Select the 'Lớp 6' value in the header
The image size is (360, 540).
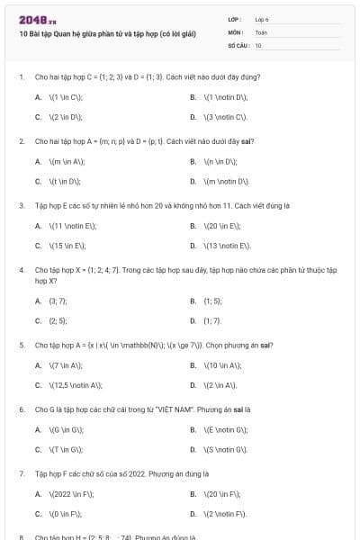262,19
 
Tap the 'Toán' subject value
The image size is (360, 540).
261,31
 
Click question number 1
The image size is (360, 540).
21,77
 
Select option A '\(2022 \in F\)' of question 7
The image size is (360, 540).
68,493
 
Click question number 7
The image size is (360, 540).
21,472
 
